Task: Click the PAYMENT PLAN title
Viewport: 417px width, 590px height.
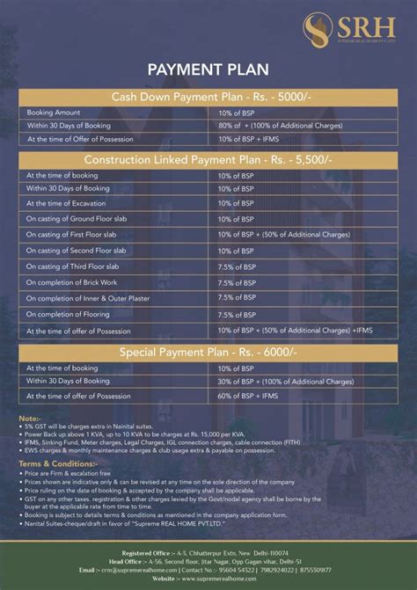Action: [208, 68]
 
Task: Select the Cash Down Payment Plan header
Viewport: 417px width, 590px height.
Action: [208, 96]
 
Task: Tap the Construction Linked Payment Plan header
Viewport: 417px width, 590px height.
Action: [208, 159]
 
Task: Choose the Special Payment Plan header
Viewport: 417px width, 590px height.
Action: [208, 352]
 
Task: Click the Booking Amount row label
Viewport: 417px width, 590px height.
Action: [54, 113]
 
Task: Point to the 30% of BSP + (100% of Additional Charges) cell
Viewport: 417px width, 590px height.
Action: [286, 382]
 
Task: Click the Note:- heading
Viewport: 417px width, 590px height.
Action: [30, 419]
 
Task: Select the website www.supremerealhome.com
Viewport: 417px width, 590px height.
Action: [232, 579]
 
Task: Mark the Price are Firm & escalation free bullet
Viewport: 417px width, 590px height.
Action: [74, 472]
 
